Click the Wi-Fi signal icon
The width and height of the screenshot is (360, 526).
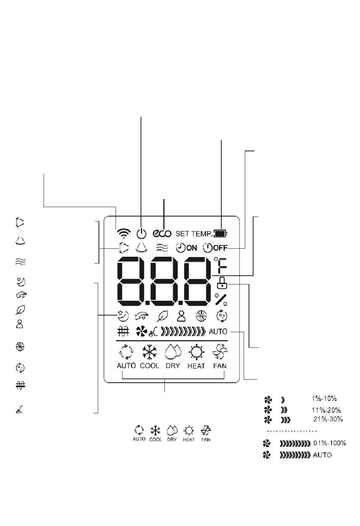(x=124, y=233)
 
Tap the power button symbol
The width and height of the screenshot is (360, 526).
(x=141, y=233)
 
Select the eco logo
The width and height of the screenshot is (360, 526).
(x=162, y=233)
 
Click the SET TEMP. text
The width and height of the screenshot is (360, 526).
(x=194, y=234)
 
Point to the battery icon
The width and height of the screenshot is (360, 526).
(x=221, y=234)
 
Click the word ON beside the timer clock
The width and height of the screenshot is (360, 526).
(x=192, y=248)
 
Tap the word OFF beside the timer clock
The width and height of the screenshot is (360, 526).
(x=221, y=248)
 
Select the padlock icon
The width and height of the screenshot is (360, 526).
(x=222, y=283)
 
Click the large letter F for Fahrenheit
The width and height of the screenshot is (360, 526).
(x=222, y=266)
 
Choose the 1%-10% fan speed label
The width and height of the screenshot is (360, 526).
(x=324, y=399)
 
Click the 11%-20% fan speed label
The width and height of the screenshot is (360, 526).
(x=326, y=410)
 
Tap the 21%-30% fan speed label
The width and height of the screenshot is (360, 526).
(x=328, y=419)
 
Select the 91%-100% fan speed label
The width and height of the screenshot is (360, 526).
(x=330, y=443)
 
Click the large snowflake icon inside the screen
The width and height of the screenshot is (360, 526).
(x=149, y=352)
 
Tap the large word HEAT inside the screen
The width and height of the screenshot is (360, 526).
(x=196, y=366)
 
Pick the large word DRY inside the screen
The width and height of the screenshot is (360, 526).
(x=173, y=366)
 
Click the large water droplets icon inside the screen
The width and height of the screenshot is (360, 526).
(x=173, y=352)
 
